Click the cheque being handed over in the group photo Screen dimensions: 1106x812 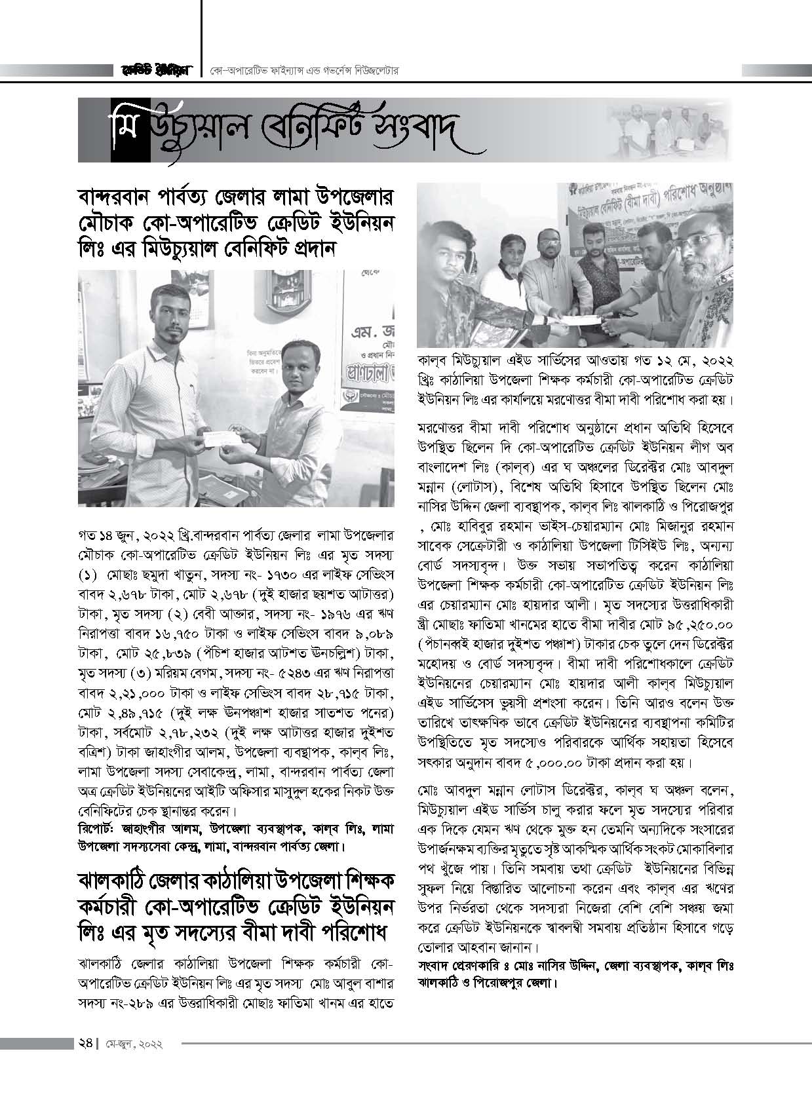[577, 318]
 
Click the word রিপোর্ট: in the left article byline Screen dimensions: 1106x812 [97, 828]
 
